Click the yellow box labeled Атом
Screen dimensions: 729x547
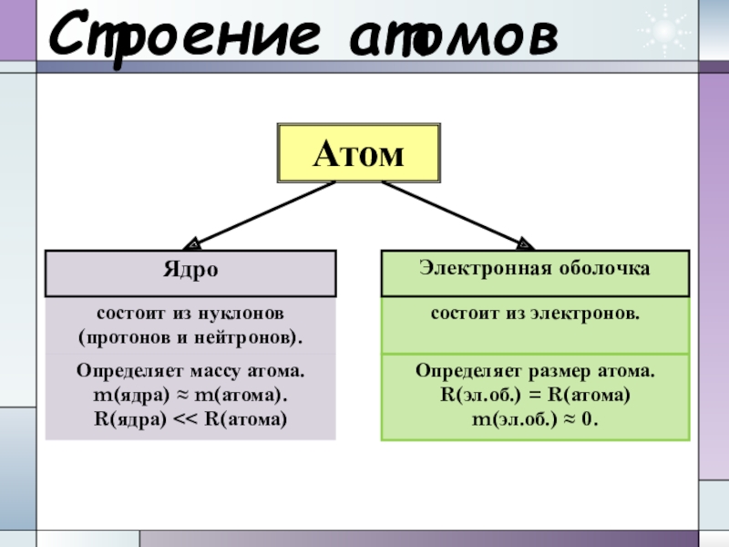pos(357,153)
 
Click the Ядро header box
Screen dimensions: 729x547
pos(190,271)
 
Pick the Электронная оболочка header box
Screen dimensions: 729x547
pos(534,271)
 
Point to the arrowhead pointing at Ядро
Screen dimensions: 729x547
pos(191,244)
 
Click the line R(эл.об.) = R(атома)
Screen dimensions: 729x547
pos(534,397)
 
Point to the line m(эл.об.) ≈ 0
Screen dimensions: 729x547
pos(534,419)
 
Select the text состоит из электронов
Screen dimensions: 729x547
pos(534,314)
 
